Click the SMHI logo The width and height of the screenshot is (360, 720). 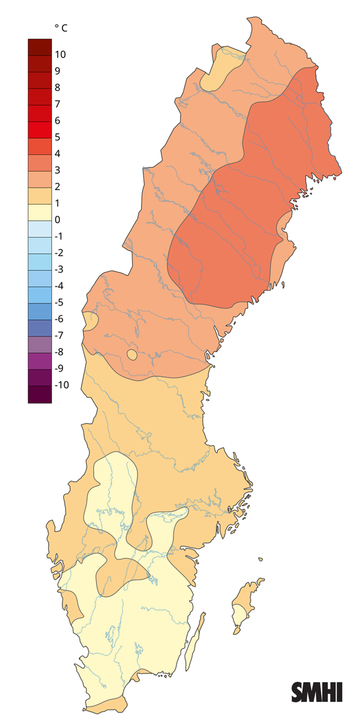tap(316, 692)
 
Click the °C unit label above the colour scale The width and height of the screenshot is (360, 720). tap(61, 28)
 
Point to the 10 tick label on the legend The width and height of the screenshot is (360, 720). tap(60, 55)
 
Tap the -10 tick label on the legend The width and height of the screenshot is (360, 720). tap(61, 385)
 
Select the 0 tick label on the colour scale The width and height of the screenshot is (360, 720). tap(57, 220)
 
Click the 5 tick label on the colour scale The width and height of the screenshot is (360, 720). tap(57, 137)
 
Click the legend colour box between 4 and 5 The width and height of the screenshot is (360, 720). tap(40, 145)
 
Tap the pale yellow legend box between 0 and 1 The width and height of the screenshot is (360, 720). tap(40, 211)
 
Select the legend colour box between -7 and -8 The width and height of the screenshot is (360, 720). tap(40, 343)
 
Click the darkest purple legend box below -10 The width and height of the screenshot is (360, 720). tap(40, 394)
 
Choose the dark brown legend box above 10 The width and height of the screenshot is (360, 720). tap(40, 46)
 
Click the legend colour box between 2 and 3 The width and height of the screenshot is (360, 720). tap(40, 178)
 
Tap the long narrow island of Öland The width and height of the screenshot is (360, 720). tap(193, 642)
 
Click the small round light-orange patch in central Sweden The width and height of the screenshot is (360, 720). tap(132, 355)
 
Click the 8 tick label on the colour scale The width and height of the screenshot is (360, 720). tap(57, 88)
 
